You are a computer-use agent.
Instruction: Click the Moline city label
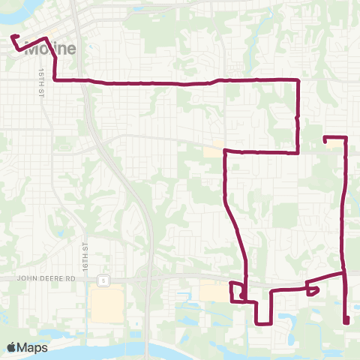(51, 50)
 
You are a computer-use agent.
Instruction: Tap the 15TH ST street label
(40, 79)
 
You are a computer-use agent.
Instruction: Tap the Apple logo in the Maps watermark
(13, 346)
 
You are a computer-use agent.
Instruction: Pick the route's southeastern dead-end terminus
(346, 322)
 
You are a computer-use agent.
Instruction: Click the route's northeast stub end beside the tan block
(324, 138)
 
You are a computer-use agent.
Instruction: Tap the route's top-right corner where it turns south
(299, 79)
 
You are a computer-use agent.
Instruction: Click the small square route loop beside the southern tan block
(237, 292)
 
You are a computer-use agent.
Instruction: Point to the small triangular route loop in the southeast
(313, 289)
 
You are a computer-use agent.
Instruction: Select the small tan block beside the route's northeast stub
(332, 147)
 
